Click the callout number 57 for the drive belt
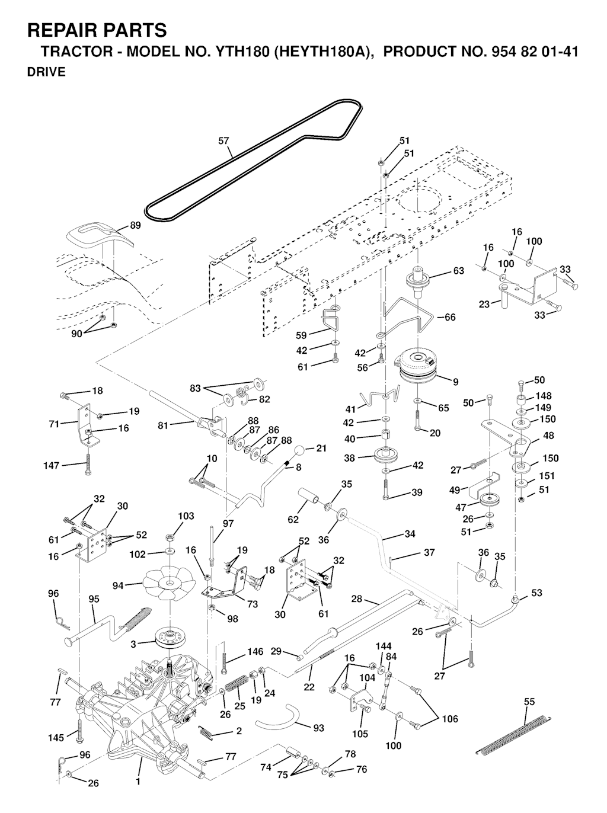223,141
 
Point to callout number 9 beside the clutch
455,382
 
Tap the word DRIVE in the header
46,72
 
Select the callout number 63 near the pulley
458,271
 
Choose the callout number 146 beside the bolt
255,652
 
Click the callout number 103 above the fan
186,516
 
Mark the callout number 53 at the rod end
536,593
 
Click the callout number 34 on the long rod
410,534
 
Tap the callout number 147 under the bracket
52,466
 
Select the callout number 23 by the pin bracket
484,305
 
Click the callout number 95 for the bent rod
94,599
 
